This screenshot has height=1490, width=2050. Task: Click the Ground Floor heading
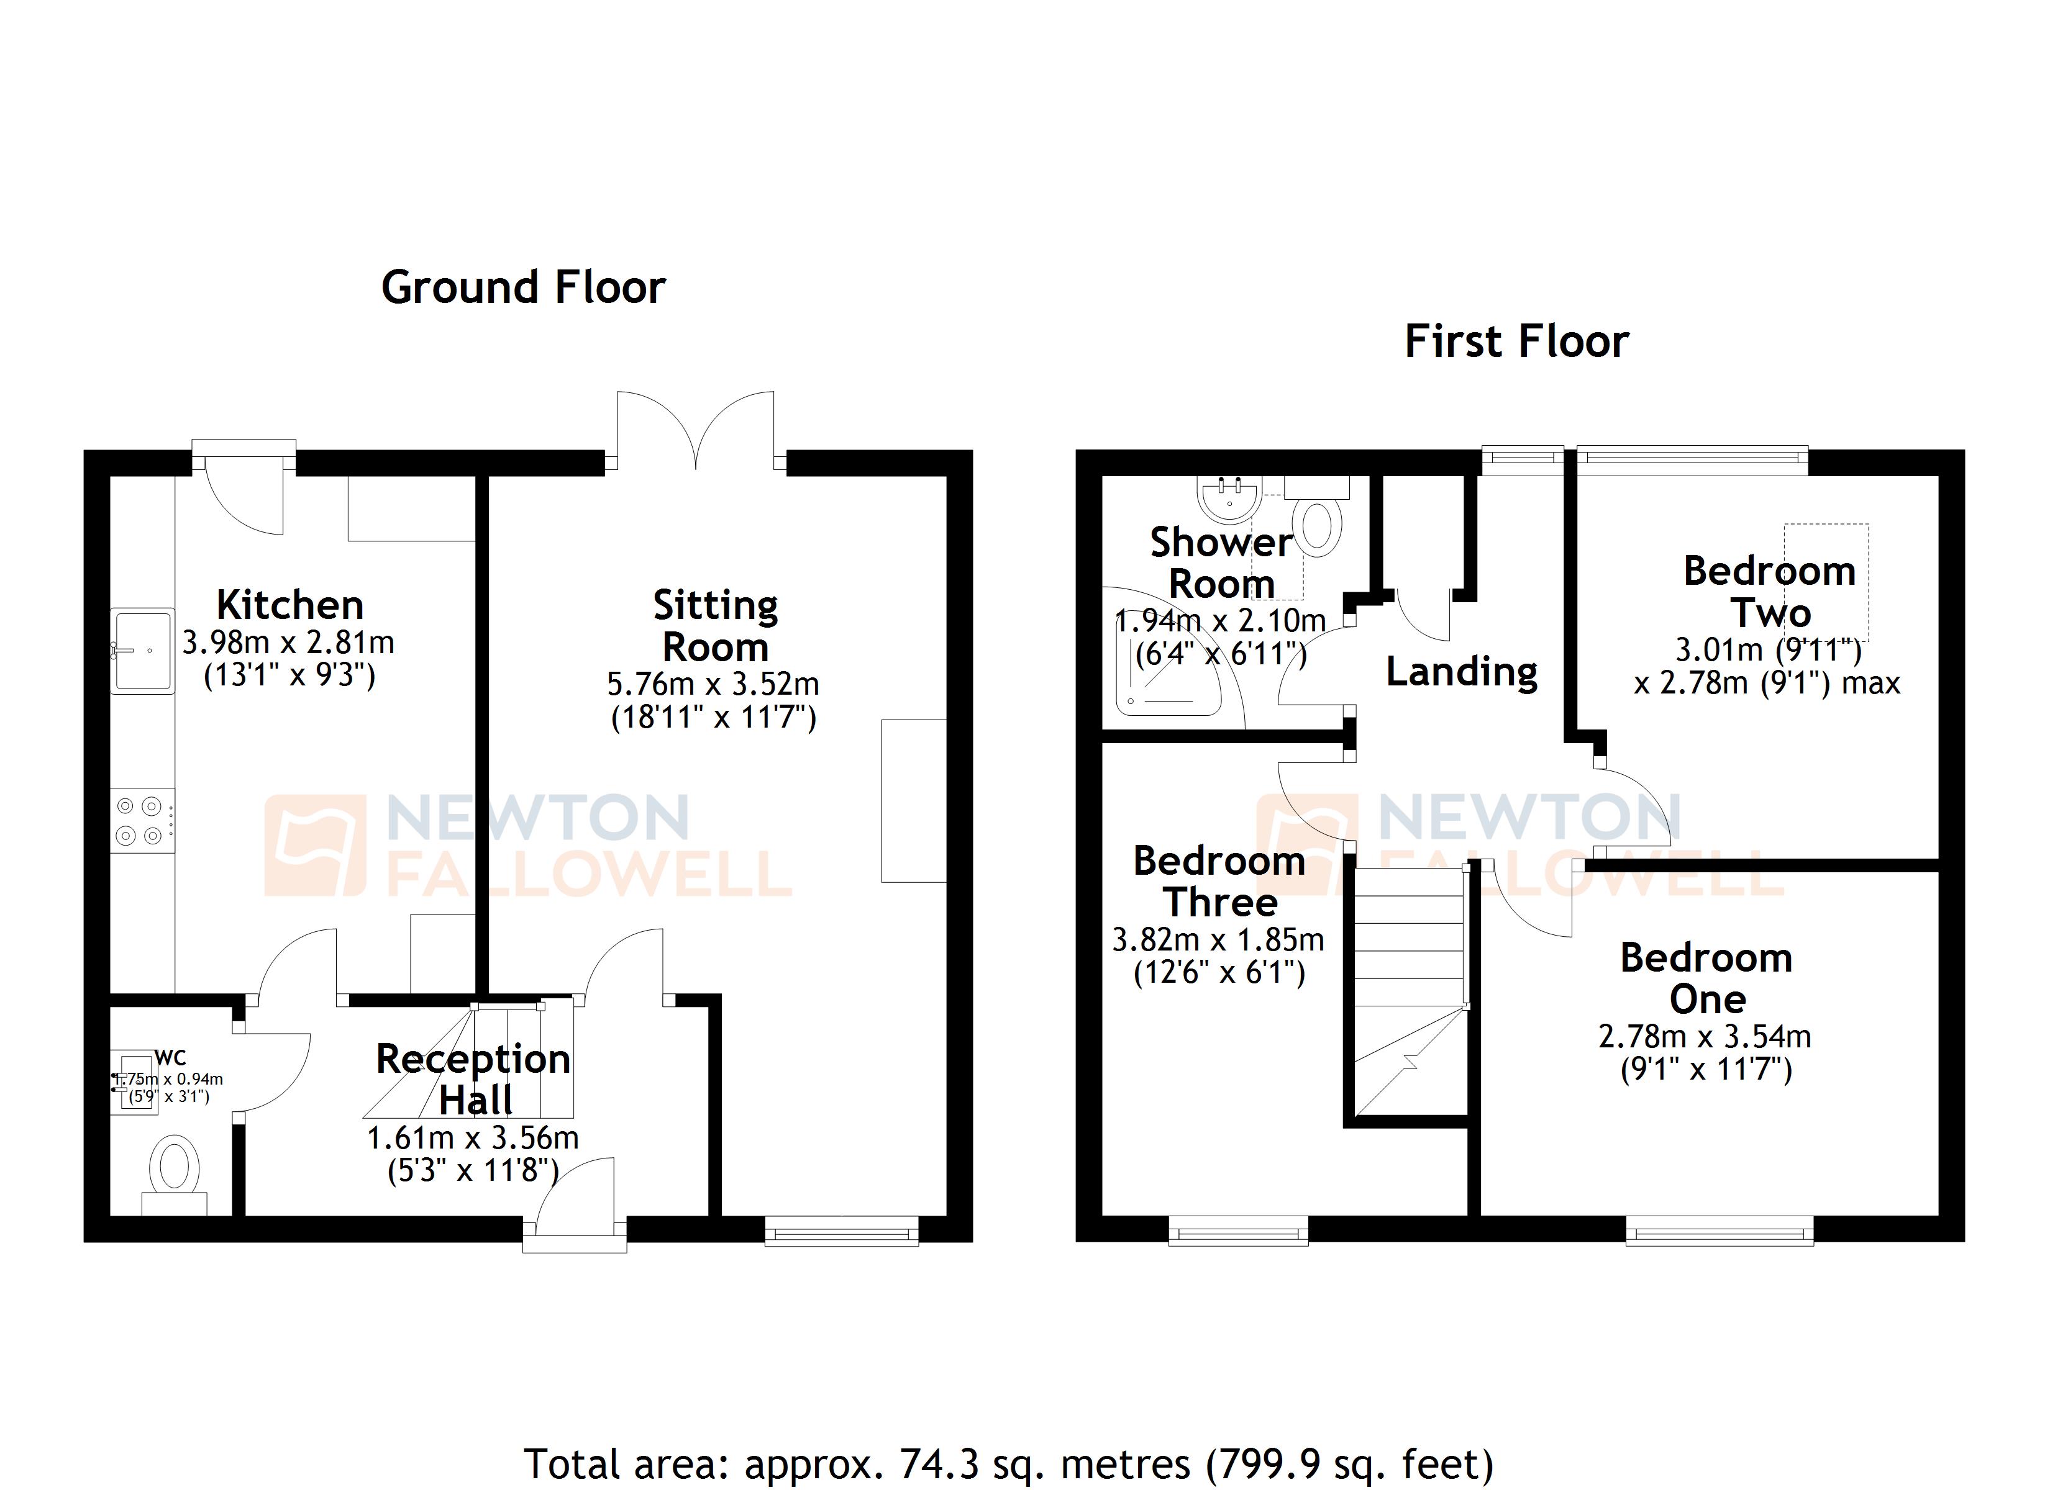pyautogui.click(x=522, y=287)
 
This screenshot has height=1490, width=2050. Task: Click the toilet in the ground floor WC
pyautogui.click(x=175, y=1167)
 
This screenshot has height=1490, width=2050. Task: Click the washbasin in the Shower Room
pyautogui.click(x=1228, y=500)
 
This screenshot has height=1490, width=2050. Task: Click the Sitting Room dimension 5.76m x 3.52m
pyautogui.click(x=713, y=684)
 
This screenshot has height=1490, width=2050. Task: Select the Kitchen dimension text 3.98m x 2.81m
pyautogui.click(x=288, y=643)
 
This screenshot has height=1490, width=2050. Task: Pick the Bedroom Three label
pyautogui.click(x=1219, y=881)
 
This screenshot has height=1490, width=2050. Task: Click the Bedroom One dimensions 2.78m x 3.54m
pyautogui.click(x=1704, y=1036)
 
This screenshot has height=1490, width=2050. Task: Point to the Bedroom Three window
pyautogui.click(x=1238, y=1230)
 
